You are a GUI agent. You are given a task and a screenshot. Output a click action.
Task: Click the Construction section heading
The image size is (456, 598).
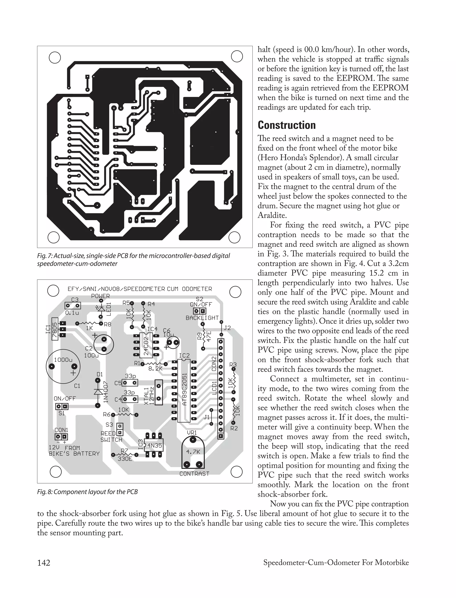click(x=287, y=125)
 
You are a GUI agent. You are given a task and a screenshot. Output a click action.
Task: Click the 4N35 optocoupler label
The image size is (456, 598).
click(x=155, y=445)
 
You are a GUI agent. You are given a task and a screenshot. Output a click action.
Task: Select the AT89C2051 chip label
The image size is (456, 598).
click(x=185, y=389)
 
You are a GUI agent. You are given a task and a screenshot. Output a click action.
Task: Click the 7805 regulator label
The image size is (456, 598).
click(x=55, y=329)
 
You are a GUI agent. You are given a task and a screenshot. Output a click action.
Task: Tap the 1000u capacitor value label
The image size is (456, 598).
click(x=63, y=360)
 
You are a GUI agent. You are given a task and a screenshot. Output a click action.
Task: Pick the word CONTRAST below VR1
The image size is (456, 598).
click(x=194, y=474)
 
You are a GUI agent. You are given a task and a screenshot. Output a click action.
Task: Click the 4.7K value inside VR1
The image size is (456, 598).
click(x=193, y=452)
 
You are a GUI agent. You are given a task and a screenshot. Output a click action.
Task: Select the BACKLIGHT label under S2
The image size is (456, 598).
click(x=202, y=318)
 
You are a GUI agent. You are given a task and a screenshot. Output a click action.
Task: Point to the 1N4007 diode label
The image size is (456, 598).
click(x=106, y=391)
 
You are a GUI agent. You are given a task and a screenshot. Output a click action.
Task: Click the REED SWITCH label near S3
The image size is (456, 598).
click(x=111, y=437)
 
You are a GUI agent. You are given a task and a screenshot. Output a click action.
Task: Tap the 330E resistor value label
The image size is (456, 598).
click(x=125, y=459)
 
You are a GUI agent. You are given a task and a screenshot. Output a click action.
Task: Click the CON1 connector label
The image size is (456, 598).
click(x=61, y=430)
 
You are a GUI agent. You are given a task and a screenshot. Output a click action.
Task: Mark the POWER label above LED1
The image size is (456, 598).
click(x=100, y=296)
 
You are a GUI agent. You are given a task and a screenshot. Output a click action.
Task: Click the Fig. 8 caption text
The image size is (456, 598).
click(x=88, y=492)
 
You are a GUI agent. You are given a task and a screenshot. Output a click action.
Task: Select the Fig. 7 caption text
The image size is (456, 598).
click(x=133, y=260)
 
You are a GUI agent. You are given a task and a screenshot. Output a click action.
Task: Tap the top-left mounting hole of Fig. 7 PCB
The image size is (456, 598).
click(x=55, y=57)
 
